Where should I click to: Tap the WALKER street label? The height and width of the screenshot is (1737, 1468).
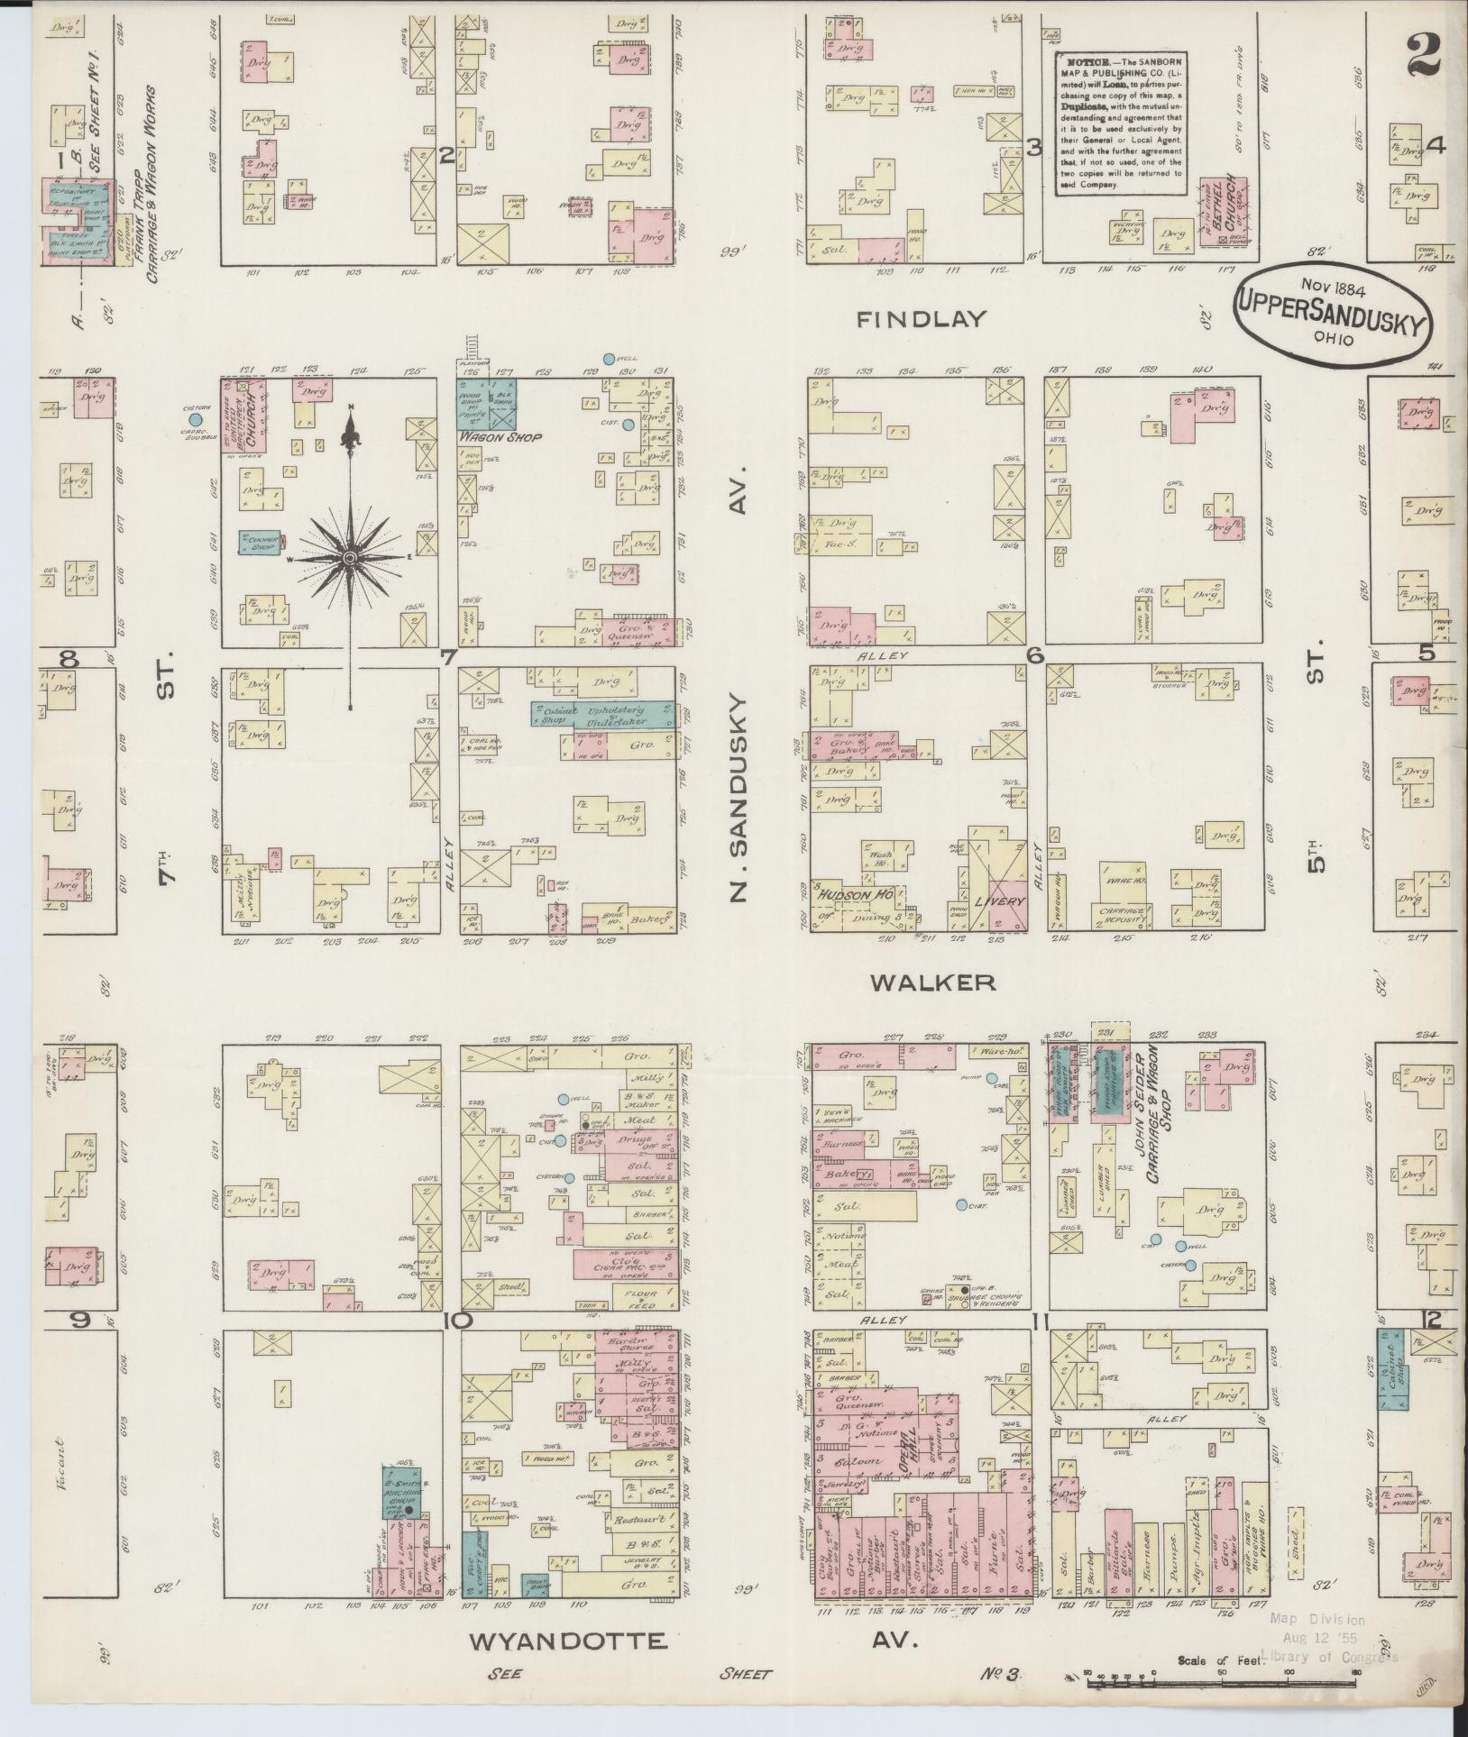tap(933, 983)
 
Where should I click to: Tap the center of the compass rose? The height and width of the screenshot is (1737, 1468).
tap(351, 559)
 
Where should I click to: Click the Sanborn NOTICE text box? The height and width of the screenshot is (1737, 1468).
tap(1120, 123)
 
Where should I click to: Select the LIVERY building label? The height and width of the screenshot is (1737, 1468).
tap(998, 901)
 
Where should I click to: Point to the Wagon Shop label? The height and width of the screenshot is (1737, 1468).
tap(500, 437)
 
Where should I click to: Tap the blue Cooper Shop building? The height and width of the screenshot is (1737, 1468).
tap(260, 541)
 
